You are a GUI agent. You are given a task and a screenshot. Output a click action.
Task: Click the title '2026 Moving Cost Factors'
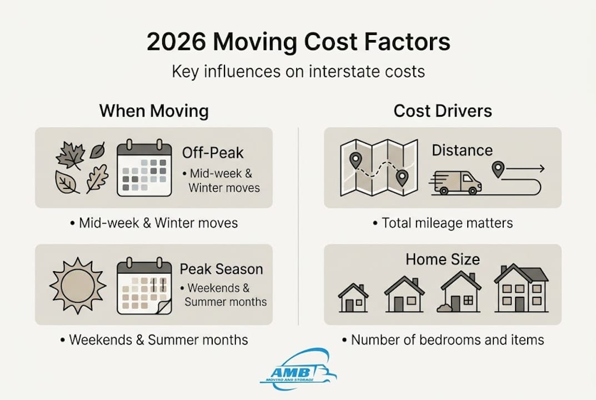pyautogui.click(x=298, y=43)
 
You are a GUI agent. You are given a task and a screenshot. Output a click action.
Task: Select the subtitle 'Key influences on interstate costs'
pyautogui.click(x=298, y=72)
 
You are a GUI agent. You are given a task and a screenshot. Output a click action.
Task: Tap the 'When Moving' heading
pyautogui.click(x=154, y=111)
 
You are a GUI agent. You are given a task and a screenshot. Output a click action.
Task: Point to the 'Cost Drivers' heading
pyautogui.click(x=443, y=111)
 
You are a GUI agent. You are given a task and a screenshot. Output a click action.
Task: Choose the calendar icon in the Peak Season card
pyautogui.click(x=143, y=286)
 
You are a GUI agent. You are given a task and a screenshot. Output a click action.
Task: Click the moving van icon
pyautogui.click(x=456, y=182)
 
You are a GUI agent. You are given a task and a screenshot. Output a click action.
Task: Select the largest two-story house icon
pyautogui.click(x=520, y=288)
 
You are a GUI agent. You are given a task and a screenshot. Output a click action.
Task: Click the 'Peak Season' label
pyautogui.click(x=221, y=269)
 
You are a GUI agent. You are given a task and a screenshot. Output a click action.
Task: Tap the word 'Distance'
pyautogui.click(x=462, y=150)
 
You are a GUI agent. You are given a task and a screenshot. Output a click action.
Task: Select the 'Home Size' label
pyautogui.click(x=443, y=259)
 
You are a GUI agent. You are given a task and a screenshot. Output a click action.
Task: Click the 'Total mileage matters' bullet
pyautogui.click(x=443, y=223)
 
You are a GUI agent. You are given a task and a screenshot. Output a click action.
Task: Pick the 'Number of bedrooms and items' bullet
pyautogui.click(x=443, y=340)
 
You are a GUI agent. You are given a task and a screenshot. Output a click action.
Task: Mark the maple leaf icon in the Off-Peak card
pyautogui.click(x=70, y=154)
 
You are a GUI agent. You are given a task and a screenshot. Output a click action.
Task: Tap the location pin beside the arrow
pyautogui.click(x=498, y=169)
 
